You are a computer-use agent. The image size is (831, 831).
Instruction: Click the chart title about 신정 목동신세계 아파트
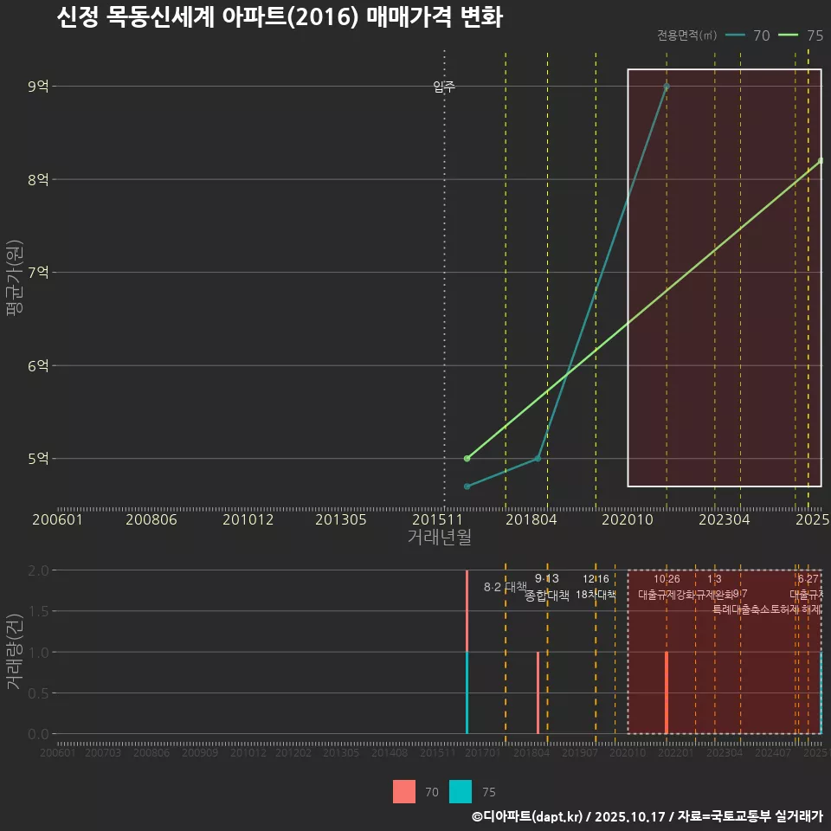[279, 17]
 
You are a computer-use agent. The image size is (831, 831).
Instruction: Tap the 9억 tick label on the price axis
[39, 86]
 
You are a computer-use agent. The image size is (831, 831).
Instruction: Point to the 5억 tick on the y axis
[39, 459]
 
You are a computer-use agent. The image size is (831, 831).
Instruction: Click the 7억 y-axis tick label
[39, 273]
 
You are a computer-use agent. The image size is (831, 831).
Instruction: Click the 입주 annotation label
[444, 87]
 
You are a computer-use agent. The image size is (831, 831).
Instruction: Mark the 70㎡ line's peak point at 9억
[667, 86]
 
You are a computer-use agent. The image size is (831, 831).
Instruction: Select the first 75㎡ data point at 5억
[467, 458]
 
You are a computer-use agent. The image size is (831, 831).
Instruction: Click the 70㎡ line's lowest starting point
[467, 486]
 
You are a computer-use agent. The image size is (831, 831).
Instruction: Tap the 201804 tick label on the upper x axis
[531, 520]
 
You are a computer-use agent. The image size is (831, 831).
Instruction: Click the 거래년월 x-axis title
[439, 538]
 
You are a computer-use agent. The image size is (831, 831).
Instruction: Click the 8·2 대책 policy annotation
[505, 587]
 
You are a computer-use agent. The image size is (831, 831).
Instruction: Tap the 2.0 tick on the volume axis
[37, 570]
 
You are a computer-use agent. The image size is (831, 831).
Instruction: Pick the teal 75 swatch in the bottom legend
[461, 792]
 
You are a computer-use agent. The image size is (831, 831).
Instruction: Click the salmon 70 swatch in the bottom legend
[404, 792]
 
